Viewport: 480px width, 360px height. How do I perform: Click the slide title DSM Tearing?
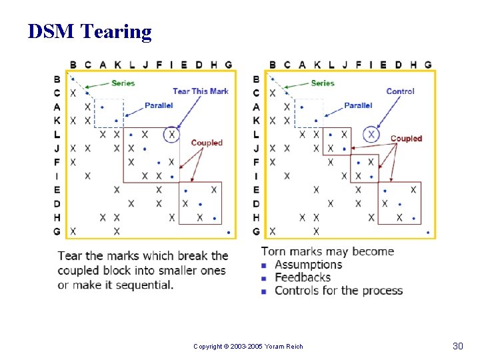89,31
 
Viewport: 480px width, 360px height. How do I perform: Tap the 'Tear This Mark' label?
200,91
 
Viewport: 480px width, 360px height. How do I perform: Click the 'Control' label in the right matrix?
400,91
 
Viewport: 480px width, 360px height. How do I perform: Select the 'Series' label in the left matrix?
123,83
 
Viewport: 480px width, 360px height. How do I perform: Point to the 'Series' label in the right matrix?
323,83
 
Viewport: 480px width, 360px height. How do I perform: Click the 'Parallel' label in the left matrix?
159,105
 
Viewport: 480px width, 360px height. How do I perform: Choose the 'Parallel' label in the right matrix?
358,105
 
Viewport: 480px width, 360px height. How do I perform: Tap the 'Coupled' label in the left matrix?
207,143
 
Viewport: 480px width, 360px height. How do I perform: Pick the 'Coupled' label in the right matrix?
406,139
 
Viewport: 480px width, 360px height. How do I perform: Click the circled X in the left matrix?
172,135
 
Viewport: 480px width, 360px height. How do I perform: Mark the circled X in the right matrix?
371,135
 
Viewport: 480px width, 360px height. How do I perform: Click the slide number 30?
457,346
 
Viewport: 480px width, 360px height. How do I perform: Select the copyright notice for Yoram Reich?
248,347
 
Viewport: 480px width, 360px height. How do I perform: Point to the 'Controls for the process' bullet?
339,291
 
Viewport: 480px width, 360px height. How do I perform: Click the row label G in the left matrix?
57,231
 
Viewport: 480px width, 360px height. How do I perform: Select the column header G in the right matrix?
428,65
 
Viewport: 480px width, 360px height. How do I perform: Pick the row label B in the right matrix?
257,79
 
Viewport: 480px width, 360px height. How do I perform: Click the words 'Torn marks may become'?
327,251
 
